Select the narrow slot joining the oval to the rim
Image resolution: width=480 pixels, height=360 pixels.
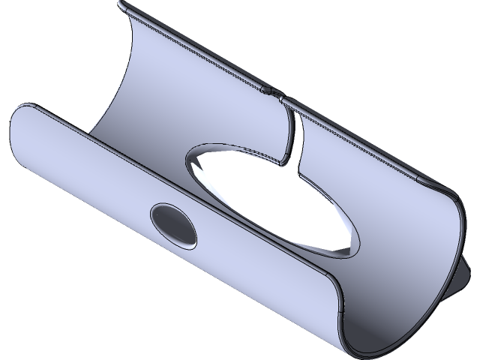click(x=291, y=135)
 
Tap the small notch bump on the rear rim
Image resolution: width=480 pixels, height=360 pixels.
click(x=271, y=92)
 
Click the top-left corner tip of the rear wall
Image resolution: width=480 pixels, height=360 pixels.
click(x=122, y=4)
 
